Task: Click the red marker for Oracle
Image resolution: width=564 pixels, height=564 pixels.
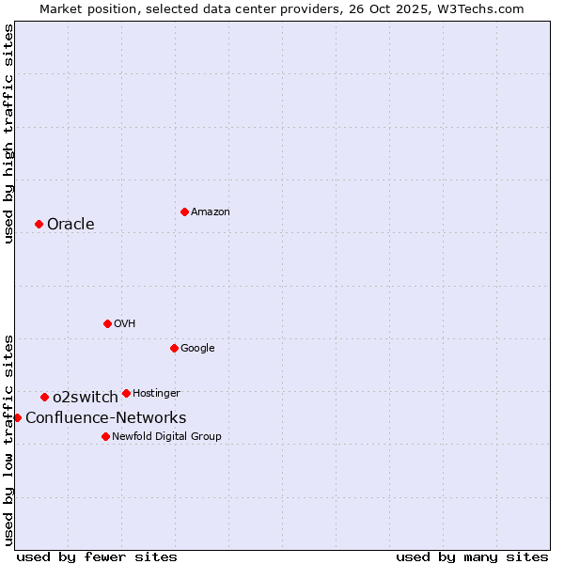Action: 39,224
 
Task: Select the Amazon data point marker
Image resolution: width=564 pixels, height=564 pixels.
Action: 184,211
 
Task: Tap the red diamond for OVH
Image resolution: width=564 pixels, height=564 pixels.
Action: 107,323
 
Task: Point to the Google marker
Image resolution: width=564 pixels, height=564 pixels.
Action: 174,348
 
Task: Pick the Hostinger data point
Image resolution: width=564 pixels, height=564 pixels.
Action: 126,393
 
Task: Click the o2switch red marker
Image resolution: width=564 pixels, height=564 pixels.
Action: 44,397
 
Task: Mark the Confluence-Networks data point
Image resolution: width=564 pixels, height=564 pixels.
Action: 17,417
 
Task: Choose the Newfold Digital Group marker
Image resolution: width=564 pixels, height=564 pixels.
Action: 105,436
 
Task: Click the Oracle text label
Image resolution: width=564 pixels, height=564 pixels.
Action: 70,224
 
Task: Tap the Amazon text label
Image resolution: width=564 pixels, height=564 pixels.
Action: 210,212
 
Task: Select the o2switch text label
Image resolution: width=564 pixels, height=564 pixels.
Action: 85,397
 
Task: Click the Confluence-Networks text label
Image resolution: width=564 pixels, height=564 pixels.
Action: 105,417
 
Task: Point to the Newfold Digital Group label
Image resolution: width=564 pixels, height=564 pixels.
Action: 166,436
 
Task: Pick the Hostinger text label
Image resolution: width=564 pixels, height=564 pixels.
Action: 156,393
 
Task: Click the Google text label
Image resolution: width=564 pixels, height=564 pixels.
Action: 197,348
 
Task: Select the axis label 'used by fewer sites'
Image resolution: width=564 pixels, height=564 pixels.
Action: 97,556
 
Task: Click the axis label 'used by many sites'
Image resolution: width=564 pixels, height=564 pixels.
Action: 472,556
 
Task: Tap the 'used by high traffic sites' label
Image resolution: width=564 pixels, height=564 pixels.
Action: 8,133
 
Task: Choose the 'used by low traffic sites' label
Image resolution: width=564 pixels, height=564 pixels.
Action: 8,439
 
